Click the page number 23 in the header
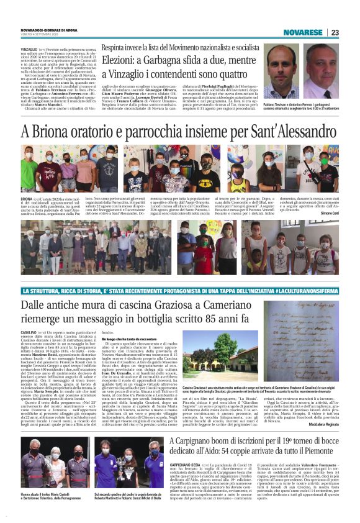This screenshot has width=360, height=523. [335, 32]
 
